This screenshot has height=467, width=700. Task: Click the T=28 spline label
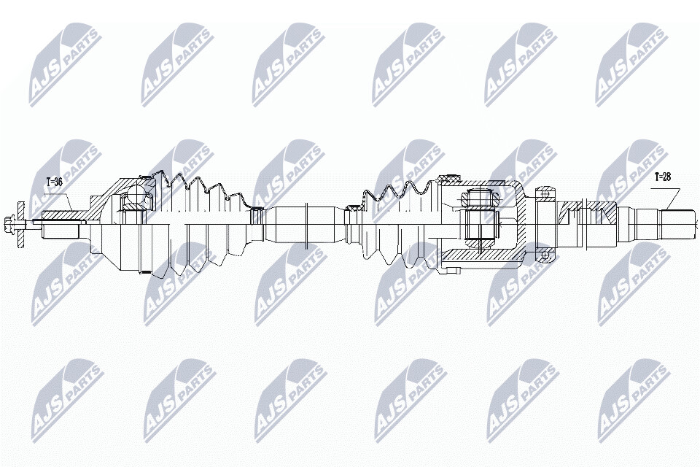[663, 177]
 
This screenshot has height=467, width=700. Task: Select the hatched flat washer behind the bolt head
[20, 223]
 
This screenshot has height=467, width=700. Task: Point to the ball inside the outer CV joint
[136, 196]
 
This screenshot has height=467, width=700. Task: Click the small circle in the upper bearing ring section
[544, 193]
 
